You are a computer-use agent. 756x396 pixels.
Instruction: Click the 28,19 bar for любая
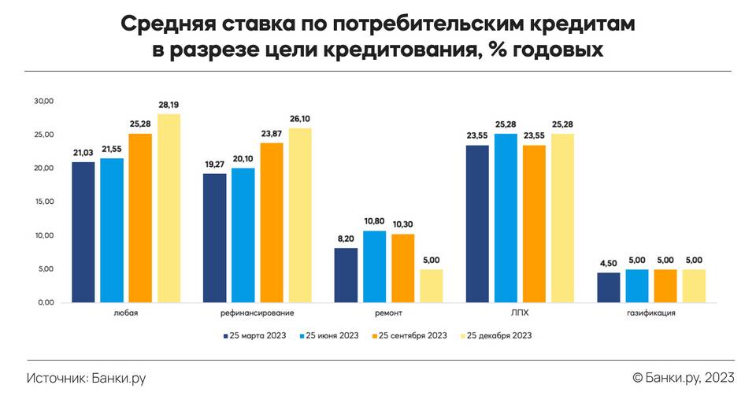click(x=169, y=209)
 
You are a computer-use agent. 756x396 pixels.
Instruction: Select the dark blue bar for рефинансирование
click(x=215, y=238)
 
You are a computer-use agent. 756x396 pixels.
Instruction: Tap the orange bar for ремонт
click(x=402, y=268)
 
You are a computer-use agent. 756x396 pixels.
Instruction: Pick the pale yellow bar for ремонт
click(x=431, y=286)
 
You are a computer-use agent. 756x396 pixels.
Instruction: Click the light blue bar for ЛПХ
click(x=506, y=218)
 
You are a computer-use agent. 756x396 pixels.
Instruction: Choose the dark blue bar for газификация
click(x=609, y=287)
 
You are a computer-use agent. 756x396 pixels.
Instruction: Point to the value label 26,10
click(x=299, y=119)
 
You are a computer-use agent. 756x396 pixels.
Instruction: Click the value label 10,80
click(x=374, y=222)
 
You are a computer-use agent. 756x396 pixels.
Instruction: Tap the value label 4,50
click(x=609, y=264)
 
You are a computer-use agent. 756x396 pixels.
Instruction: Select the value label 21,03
click(x=83, y=153)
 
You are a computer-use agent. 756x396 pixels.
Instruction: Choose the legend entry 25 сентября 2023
click(x=408, y=335)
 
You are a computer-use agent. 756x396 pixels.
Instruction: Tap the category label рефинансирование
click(x=243, y=314)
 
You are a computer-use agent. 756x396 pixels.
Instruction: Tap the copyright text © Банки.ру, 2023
click(x=683, y=378)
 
